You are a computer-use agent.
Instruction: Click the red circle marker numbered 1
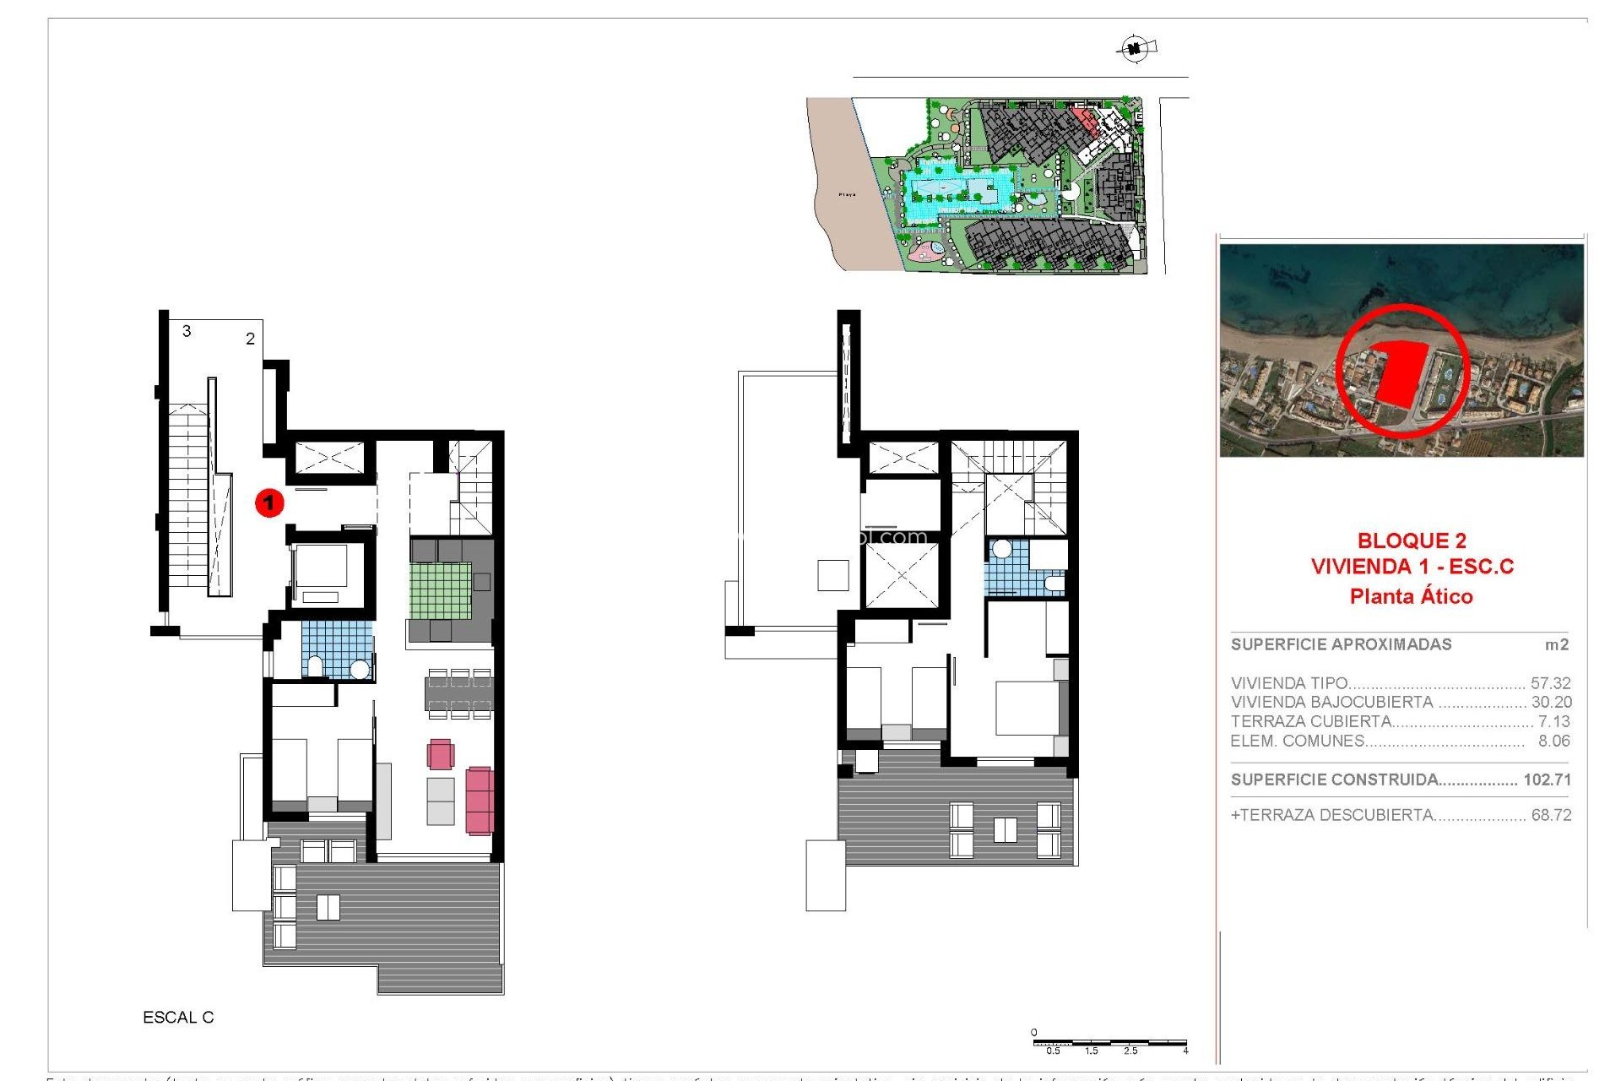coord(269,503)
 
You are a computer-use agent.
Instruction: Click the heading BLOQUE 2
coord(1412,540)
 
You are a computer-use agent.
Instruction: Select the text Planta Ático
coord(1411,596)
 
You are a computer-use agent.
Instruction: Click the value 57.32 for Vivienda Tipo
coord(1550,683)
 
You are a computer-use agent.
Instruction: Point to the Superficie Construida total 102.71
coord(1547,780)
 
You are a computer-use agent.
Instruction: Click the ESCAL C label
coord(178,1018)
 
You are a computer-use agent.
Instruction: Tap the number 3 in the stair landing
coord(187,331)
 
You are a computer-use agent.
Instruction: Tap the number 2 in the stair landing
coord(250,339)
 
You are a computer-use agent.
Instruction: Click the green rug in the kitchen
coord(441,590)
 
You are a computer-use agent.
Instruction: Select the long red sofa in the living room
coord(479,800)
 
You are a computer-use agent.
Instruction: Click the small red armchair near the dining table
coord(441,753)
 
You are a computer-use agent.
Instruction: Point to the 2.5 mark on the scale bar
coord(1130,1051)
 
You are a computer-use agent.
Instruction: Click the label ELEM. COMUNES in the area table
coord(1298,741)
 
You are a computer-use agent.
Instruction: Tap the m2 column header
coord(1556,644)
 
